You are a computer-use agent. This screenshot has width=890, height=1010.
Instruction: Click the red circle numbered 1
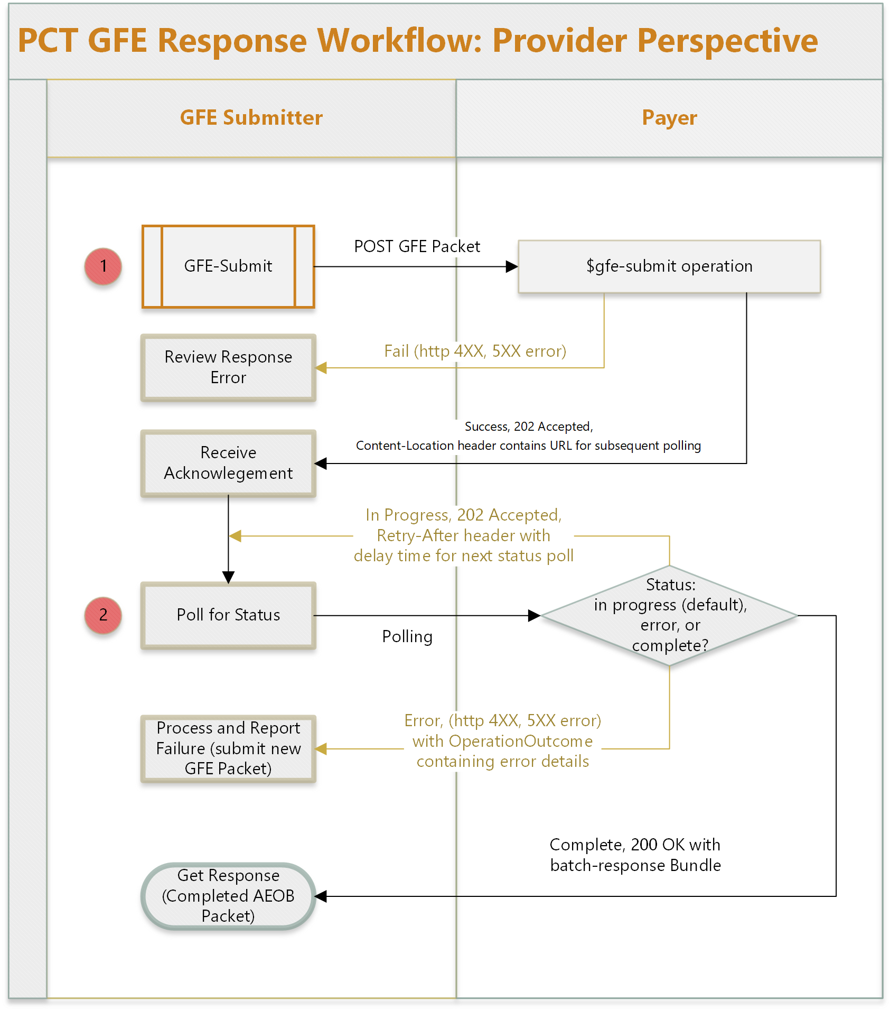(x=103, y=266)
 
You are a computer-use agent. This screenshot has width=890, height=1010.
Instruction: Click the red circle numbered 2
(x=103, y=615)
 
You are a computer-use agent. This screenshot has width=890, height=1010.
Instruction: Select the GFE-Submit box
(x=228, y=266)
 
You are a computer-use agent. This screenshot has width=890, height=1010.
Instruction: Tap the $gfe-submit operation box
(x=669, y=266)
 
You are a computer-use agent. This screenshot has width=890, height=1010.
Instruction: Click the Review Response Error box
(x=228, y=367)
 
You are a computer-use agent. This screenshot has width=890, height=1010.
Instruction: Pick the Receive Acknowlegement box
(x=228, y=463)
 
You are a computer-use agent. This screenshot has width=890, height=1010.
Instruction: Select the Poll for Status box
(x=228, y=615)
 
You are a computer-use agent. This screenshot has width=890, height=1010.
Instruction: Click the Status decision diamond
(x=669, y=615)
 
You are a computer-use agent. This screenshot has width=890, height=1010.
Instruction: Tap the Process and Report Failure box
(x=228, y=748)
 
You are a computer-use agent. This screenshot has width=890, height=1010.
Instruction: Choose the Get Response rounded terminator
(x=228, y=896)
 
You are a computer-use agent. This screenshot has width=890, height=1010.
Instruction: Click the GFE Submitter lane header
(x=251, y=118)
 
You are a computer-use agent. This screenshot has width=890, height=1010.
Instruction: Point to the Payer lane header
(x=669, y=118)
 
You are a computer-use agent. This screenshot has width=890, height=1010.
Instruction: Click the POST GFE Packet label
(x=417, y=246)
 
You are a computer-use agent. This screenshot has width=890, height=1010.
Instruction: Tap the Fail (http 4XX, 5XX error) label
(x=475, y=351)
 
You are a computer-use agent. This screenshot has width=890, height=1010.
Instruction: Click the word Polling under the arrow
(x=407, y=636)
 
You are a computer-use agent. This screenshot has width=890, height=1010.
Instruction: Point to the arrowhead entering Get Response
(x=321, y=896)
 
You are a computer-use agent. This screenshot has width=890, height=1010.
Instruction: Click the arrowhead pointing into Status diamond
(x=534, y=615)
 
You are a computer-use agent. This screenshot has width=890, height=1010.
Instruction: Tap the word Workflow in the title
(x=400, y=41)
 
